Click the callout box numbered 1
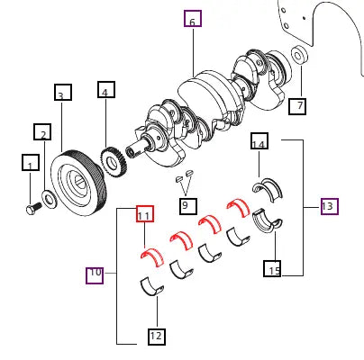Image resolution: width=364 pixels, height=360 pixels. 32,165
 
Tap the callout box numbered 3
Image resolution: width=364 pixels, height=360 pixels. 62,94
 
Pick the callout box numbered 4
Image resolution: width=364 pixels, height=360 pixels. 106,92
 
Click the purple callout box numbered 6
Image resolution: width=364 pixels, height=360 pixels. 192,19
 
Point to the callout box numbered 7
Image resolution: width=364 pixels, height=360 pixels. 296,106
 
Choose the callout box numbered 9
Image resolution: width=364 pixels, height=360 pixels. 186,204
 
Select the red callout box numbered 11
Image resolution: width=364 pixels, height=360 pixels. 144,214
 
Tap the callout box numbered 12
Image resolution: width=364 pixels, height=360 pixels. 157,337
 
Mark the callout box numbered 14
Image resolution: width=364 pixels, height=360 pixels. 259,143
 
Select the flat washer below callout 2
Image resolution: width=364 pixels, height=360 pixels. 50,197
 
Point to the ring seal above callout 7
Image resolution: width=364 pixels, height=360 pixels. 297,59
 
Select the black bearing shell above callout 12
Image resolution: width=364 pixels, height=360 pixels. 153,287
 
